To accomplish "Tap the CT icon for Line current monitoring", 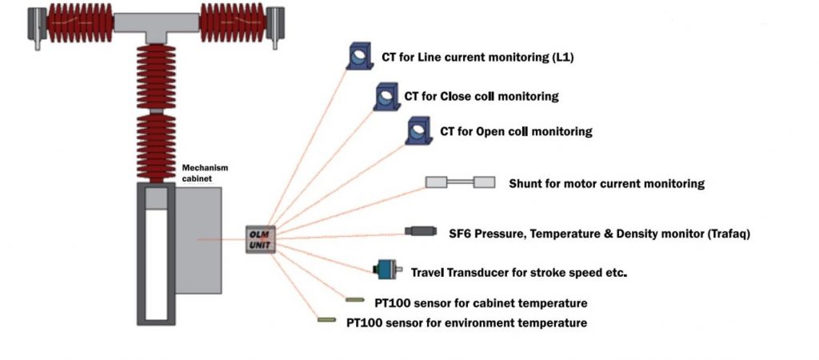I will (x=359, y=55).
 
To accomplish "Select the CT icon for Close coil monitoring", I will (x=386, y=97).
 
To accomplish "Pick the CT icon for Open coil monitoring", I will (x=418, y=130).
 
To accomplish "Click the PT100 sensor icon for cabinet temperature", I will (x=355, y=301).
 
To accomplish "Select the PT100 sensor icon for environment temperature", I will (x=326, y=320).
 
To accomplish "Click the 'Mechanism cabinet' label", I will (x=206, y=174).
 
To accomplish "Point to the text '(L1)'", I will (x=561, y=58).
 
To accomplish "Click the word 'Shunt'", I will (x=526, y=183).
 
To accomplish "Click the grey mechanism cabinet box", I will (x=198, y=240).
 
